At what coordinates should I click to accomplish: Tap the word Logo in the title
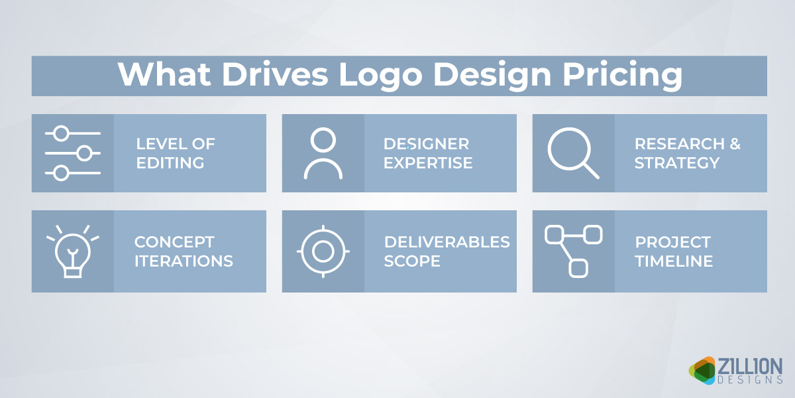378,75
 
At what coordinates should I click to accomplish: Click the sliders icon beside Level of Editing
73,153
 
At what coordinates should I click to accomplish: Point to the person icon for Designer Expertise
323,153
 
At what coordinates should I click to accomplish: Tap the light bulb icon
72,251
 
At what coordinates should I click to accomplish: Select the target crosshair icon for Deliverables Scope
323,251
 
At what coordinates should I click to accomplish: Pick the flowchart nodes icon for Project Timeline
573,251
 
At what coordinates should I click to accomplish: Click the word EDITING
171,163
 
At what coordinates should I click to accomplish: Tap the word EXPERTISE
428,163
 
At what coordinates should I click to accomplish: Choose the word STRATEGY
676,163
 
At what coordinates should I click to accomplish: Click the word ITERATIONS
184,261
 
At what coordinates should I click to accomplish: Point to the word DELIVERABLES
447,242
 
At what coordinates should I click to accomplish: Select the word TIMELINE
674,261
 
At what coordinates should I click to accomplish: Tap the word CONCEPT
174,242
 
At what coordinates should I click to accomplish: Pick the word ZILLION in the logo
750,365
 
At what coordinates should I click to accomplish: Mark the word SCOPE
412,261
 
